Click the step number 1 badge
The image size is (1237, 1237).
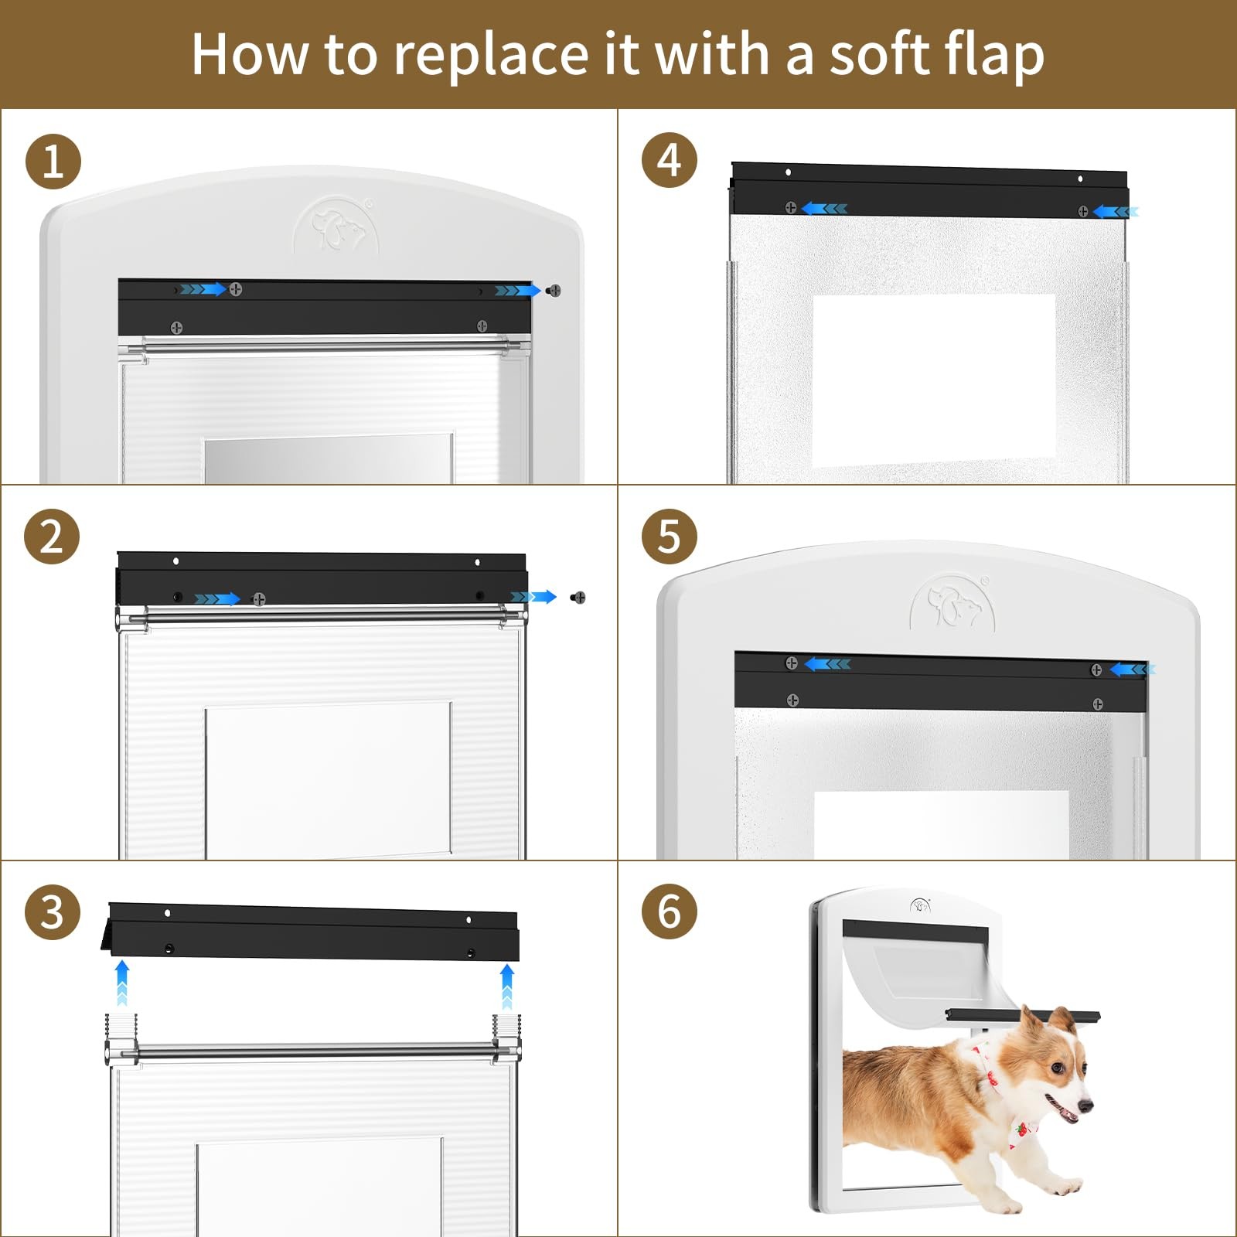53,162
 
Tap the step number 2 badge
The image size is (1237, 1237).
52,537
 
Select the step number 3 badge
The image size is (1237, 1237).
52,912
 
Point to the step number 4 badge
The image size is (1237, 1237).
670,161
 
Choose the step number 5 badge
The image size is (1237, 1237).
670,537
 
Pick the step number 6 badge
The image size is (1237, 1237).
670,912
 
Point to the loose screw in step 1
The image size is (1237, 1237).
553,291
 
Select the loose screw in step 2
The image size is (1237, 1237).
578,597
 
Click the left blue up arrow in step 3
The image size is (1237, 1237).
121,983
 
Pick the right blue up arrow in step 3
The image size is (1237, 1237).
506,986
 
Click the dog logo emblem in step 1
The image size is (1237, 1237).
336,225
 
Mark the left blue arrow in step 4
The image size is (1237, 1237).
824,208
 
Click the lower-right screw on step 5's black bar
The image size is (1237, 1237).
1097,704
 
